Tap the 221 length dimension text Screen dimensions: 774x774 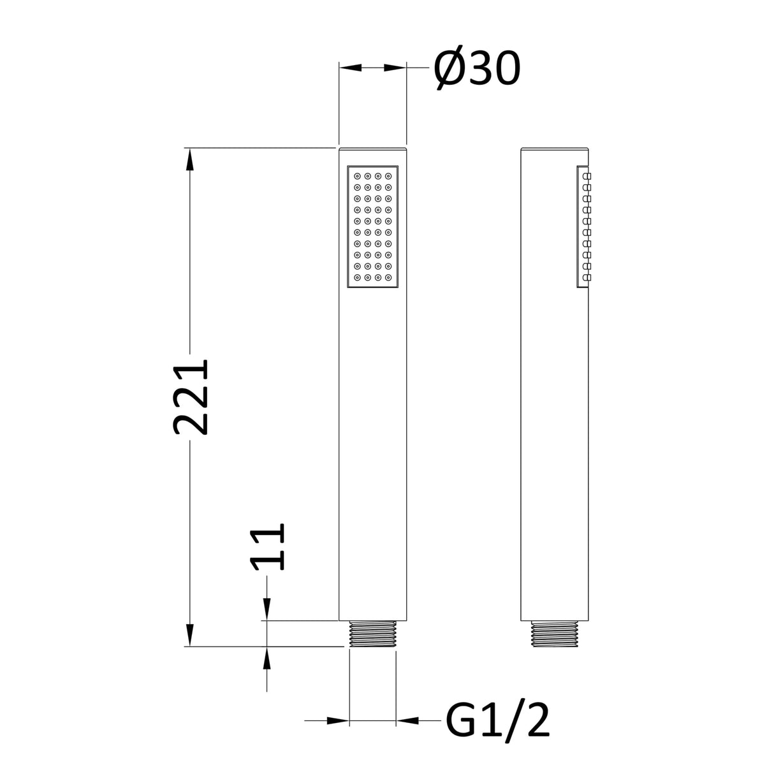click(x=191, y=397)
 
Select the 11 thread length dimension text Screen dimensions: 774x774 click(x=267, y=546)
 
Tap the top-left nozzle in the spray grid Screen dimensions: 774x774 click(x=357, y=176)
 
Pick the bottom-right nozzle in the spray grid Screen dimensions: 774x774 click(x=388, y=277)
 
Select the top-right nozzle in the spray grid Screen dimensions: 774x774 click(x=388, y=176)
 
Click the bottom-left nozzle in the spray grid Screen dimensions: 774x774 click(x=357, y=277)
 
